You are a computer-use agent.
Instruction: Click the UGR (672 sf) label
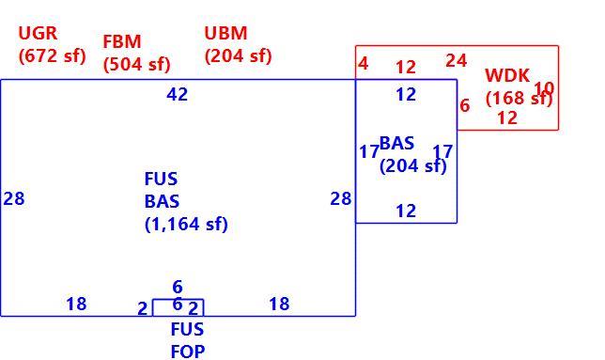pyautogui.click(x=52, y=44)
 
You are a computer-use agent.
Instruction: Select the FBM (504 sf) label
pyautogui.click(x=136, y=53)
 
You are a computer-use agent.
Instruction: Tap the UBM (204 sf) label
pyautogui.click(x=238, y=44)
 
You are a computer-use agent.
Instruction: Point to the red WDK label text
pyautogui.click(x=507, y=75)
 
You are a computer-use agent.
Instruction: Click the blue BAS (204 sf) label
pyautogui.click(x=412, y=154)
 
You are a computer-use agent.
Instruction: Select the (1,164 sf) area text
pyautogui.click(x=186, y=224)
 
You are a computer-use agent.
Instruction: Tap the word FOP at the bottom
pyautogui.click(x=188, y=352)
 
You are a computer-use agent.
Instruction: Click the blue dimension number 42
pyautogui.click(x=178, y=94)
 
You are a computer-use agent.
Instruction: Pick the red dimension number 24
pyautogui.click(x=457, y=60)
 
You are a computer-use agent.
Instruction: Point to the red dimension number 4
pyautogui.click(x=363, y=63)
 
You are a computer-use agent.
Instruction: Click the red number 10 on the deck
pyautogui.click(x=544, y=88)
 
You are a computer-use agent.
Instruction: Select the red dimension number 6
pyautogui.click(x=465, y=105)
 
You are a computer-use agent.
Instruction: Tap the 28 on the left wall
pyautogui.click(x=14, y=199)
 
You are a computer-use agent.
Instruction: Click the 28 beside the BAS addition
pyautogui.click(x=341, y=199)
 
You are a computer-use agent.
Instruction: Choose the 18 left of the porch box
pyautogui.click(x=76, y=304)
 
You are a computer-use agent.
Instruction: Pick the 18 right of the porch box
pyautogui.click(x=279, y=304)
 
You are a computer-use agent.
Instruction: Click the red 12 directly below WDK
pyautogui.click(x=507, y=118)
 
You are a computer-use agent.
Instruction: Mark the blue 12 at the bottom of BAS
pyautogui.click(x=406, y=211)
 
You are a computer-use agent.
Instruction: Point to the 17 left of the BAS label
pyautogui.click(x=369, y=151)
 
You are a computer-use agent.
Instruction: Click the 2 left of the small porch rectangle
pyautogui.click(x=143, y=308)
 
